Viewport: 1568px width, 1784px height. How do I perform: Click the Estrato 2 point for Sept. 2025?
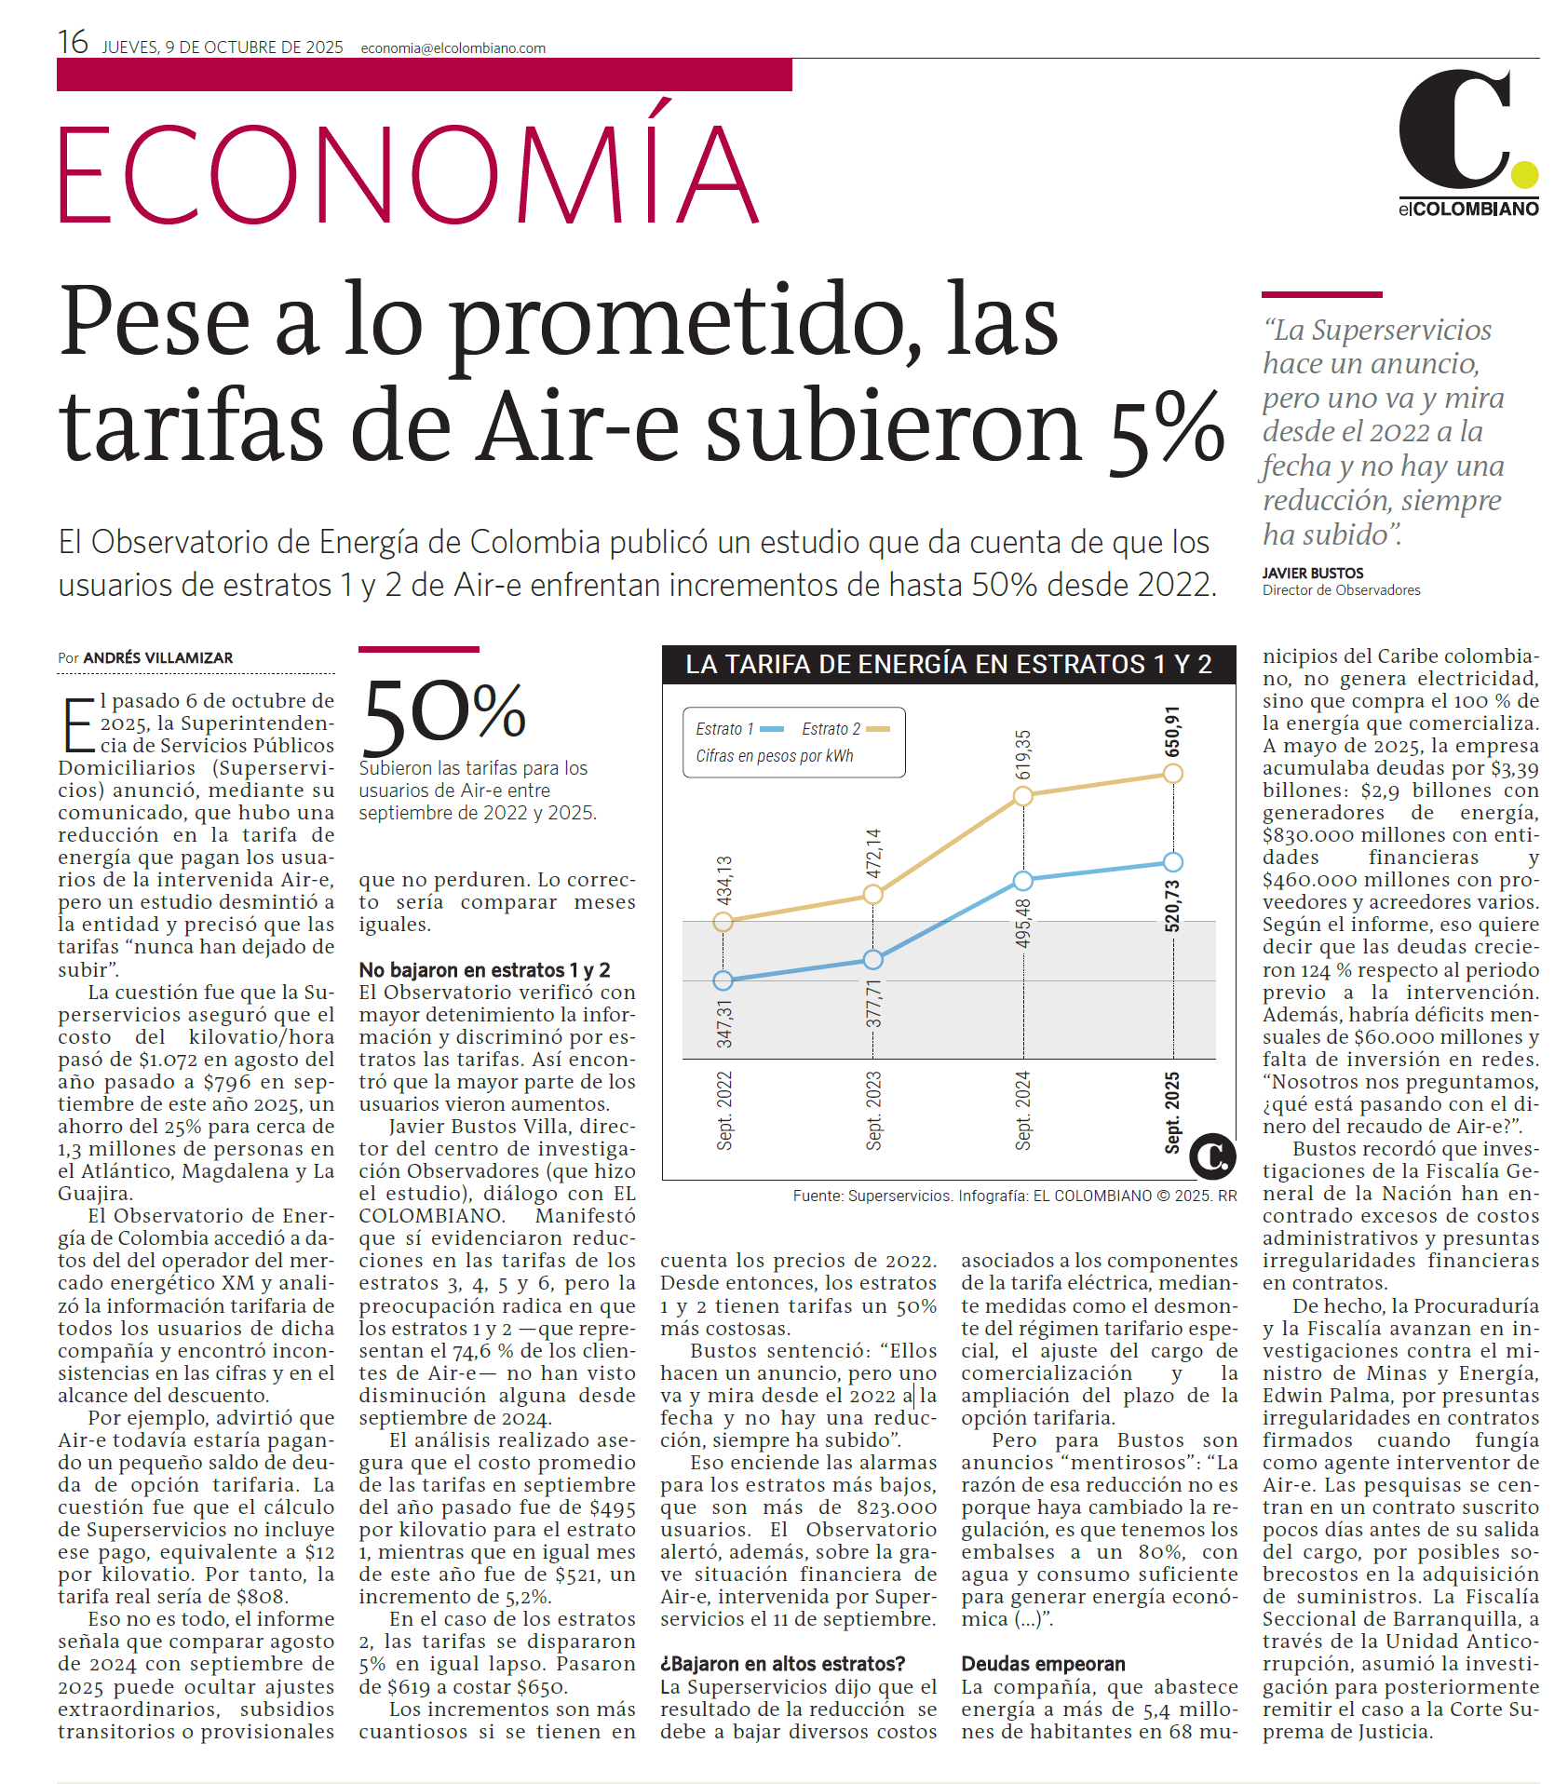pyautogui.click(x=1173, y=773)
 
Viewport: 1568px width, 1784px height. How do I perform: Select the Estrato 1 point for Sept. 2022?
pyautogui.click(x=723, y=980)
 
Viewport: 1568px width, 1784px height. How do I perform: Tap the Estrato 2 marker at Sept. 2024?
pyautogui.click(x=1022, y=796)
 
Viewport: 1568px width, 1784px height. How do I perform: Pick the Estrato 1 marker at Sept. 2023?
pyautogui.click(x=872, y=959)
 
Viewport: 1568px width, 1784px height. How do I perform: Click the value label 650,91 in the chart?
pyautogui.click(x=1172, y=731)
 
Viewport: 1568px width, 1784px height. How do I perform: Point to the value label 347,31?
pyautogui.click(x=723, y=1023)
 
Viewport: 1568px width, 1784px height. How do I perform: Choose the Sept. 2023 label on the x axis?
pyautogui.click(x=873, y=1111)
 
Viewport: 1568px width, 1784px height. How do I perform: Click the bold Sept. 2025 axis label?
pyautogui.click(x=1172, y=1112)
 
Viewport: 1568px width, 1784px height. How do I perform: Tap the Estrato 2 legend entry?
pyautogui.click(x=845, y=729)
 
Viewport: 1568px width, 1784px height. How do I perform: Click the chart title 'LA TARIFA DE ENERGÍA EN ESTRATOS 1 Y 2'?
pyautogui.click(x=948, y=664)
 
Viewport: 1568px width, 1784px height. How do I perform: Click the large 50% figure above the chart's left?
pyautogui.click(x=443, y=715)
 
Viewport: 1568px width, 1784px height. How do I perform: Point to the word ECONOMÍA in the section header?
pyautogui.click(x=408, y=174)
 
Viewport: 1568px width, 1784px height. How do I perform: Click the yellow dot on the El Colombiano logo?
pyautogui.click(x=1524, y=174)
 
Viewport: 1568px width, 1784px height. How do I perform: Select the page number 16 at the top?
pyautogui.click(x=73, y=43)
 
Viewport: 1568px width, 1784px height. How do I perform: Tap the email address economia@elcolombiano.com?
pyautogui.click(x=453, y=48)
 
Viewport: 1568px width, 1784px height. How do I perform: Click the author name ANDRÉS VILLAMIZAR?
pyautogui.click(x=158, y=657)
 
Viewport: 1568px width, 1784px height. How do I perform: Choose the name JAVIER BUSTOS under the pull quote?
pyautogui.click(x=1312, y=573)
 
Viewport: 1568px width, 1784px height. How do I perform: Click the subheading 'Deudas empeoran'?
pyautogui.click(x=1043, y=1664)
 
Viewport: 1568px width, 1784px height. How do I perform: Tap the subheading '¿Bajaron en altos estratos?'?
pyautogui.click(x=782, y=1664)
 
